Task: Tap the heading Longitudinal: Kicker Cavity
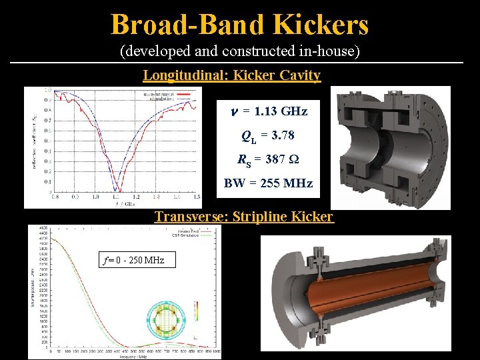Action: pos(232,75)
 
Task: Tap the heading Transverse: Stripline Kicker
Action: pos(244,217)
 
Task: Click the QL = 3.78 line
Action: pos(268,136)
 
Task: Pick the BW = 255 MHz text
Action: pos(268,183)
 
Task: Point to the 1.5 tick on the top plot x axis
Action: pos(196,197)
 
